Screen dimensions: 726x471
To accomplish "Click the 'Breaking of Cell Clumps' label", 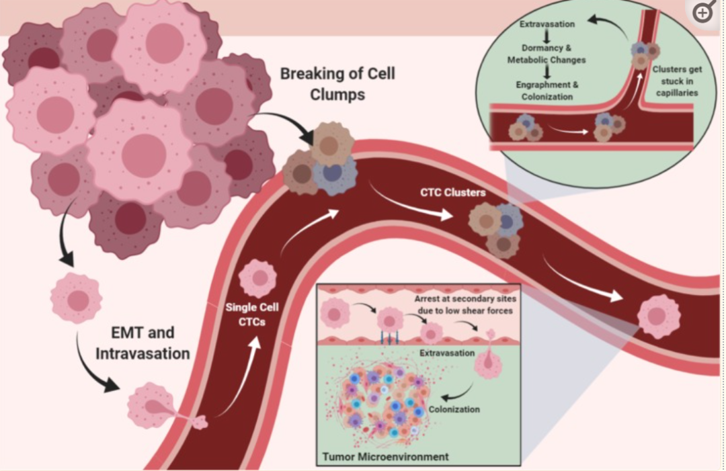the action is click(337, 84).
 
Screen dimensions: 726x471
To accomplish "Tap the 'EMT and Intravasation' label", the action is click(143, 343).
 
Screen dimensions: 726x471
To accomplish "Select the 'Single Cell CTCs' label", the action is click(252, 314).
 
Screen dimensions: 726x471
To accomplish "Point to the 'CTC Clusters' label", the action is click(453, 192).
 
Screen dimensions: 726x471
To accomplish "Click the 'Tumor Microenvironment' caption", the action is click(385, 457).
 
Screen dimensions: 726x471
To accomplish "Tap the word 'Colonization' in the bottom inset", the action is click(454, 409).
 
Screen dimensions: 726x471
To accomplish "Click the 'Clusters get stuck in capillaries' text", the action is click(677, 81).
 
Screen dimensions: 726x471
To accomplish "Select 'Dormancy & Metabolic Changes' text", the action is click(547, 54).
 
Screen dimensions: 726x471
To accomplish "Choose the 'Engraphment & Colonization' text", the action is click(547, 91).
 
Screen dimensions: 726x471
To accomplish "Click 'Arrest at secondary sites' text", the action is click(465, 299).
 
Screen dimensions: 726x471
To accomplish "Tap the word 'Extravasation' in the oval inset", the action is click(547, 24).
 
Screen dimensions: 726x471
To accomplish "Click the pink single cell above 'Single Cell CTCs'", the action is click(258, 278).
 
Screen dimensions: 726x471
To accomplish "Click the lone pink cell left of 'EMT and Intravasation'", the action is click(77, 298).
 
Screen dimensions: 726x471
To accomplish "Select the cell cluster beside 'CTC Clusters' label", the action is click(495, 229).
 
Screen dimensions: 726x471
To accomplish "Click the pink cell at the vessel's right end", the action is click(658, 316).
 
